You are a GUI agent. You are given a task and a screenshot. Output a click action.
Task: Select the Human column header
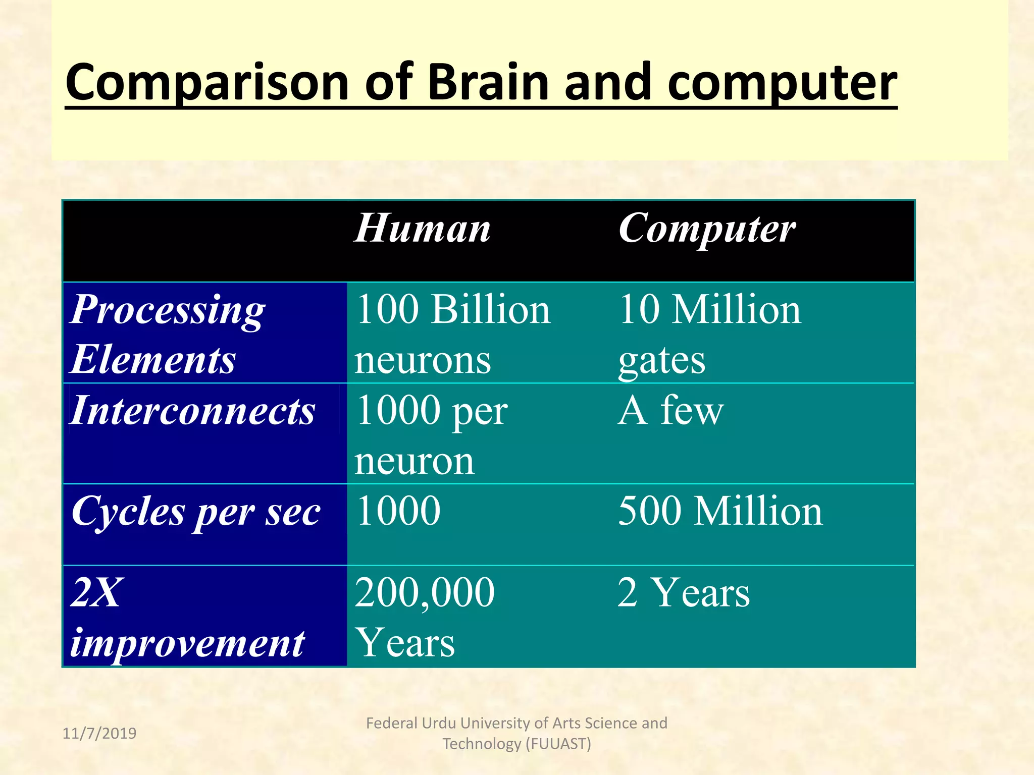pyautogui.click(x=422, y=229)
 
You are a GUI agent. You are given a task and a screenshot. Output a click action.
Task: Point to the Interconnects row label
pyautogui.click(x=192, y=410)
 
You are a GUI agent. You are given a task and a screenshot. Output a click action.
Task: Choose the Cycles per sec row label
pyautogui.click(x=196, y=512)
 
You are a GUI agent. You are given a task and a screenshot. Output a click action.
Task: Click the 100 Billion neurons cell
pyautogui.click(x=452, y=334)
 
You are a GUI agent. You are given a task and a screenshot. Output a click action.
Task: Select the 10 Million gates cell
pyautogui.click(x=709, y=334)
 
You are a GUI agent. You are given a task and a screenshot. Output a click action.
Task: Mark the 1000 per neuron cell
pyautogui.click(x=431, y=434)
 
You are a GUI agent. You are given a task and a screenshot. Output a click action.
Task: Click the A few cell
pyautogui.click(x=670, y=410)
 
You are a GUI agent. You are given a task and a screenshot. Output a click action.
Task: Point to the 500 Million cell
pyautogui.click(x=720, y=511)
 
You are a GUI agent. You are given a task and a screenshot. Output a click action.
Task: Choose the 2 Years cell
pyautogui.click(x=683, y=592)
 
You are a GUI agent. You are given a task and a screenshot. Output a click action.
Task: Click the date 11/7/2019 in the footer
pyautogui.click(x=99, y=733)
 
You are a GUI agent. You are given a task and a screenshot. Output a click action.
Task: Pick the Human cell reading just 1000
pyautogui.click(x=398, y=511)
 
